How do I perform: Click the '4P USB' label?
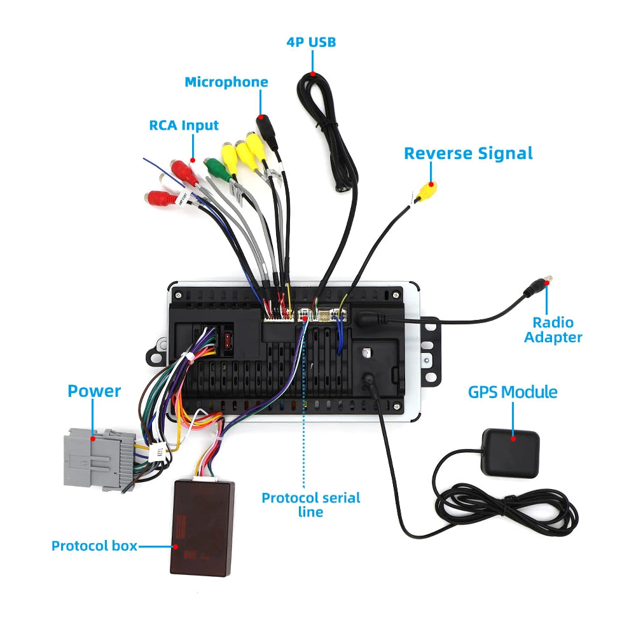click(311, 42)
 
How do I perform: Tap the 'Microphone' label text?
click(226, 82)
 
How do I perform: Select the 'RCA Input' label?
click(184, 125)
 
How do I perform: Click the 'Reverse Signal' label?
click(468, 154)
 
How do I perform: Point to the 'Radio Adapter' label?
click(553, 329)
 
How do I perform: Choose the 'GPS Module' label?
click(513, 392)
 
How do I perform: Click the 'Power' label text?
click(94, 391)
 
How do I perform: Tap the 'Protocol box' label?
click(94, 546)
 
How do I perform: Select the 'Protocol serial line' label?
click(311, 504)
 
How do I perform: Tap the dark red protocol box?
click(202, 528)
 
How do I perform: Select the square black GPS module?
click(510, 453)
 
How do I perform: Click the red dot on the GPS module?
click(513, 439)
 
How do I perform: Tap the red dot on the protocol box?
click(176, 546)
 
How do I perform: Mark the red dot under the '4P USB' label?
click(313, 74)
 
